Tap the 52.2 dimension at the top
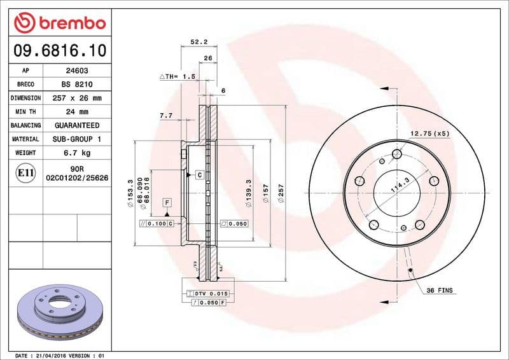pyautogui.click(x=199, y=42)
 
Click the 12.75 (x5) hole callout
pyautogui.click(x=429, y=134)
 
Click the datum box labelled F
pyautogui.click(x=167, y=202)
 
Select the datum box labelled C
pyautogui.click(x=199, y=174)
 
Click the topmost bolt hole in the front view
pyautogui.click(x=398, y=154)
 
